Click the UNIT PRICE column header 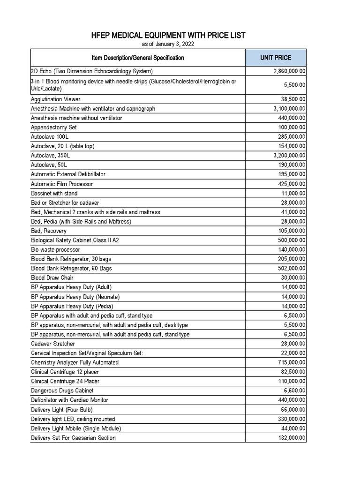(276, 58)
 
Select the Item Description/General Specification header (138, 58)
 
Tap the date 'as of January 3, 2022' (168, 44)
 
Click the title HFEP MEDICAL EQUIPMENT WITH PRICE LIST (168, 36)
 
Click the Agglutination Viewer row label (55, 99)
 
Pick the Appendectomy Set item (53, 127)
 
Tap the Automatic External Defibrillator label (68, 174)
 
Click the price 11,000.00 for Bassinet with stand (294, 193)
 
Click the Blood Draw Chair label (52, 278)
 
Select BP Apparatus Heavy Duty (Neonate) (75, 297)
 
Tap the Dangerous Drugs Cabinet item (62, 390)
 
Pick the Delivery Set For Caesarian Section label (73, 438)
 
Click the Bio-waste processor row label (55, 250)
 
